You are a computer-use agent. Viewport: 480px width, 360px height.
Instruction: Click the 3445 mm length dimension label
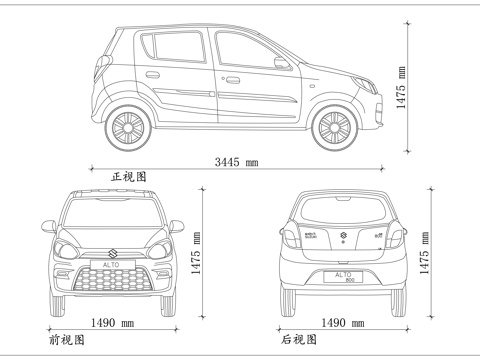[x=236, y=161]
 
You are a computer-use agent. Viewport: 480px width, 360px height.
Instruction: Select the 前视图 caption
[x=67, y=340]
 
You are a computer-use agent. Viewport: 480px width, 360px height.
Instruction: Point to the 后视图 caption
[x=299, y=340]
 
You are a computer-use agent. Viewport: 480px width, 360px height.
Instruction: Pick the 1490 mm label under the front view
[x=112, y=323]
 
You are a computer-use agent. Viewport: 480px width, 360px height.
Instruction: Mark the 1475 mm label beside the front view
[x=197, y=253]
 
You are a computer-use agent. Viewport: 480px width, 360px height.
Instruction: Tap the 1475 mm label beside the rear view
[x=425, y=253]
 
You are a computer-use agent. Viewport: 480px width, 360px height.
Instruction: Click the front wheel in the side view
[x=334, y=127]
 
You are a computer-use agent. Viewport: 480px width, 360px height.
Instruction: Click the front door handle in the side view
[x=232, y=80]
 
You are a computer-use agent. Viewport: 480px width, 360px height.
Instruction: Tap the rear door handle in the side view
[x=152, y=74]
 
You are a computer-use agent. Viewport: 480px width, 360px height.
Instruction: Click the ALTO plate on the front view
[x=110, y=266]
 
